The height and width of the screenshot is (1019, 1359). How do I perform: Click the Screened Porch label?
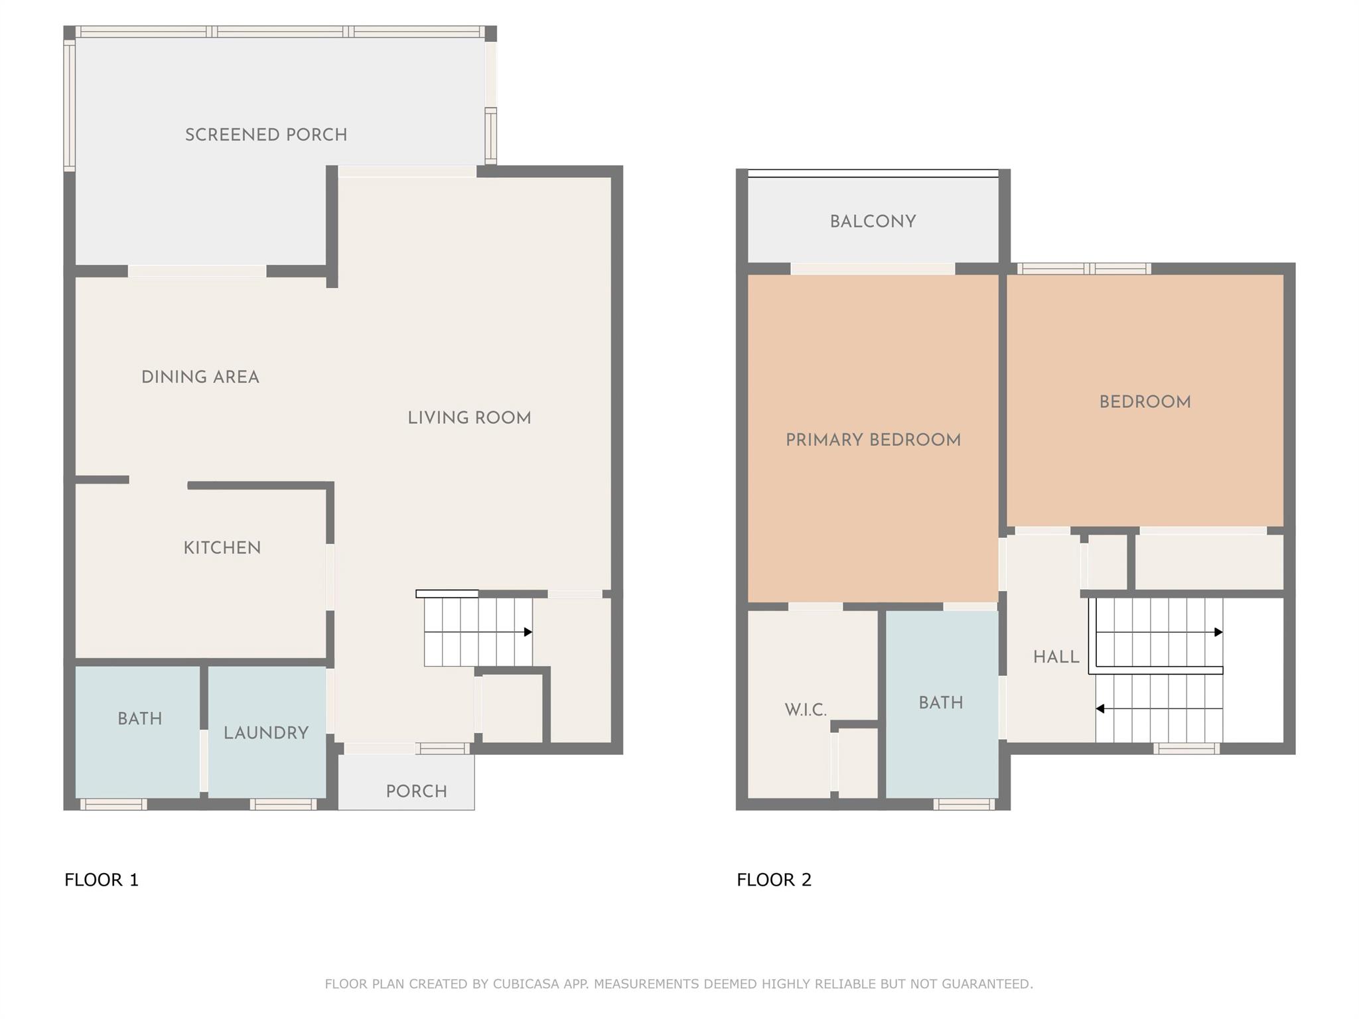pyautogui.click(x=266, y=135)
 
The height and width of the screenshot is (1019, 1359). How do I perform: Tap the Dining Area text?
pyautogui.click(x=200, y=377)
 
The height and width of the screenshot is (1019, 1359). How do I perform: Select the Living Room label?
pyautogui.click(x=469, y=418)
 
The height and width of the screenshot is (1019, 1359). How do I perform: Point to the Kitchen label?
pyautogui.click(x=222, y=548)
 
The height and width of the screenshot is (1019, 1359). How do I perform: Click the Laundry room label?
pyautogui.click(x=266, y=733)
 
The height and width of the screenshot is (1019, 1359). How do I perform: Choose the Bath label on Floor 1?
pyautogui.click(x=140, y=718)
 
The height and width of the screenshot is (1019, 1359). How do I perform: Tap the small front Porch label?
pyautogui.click(x=417, y=791)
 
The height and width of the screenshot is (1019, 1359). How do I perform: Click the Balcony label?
pyautogui.click(x=873, y=222)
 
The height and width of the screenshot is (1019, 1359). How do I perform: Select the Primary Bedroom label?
pyautogui.click(x=873, y=440)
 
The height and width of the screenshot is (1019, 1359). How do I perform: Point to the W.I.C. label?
pyautogui.click(x=806, y=710)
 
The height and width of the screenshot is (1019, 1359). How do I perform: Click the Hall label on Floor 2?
pyautogui.click(x=1056, y=657)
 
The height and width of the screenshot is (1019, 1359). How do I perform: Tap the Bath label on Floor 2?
pyautogui.click(x=941, y=703)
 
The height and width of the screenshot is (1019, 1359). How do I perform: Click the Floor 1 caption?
pyautogui.click(x=102, y=880)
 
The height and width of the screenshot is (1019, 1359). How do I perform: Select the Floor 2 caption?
pyautogui.click(x=774, y=880)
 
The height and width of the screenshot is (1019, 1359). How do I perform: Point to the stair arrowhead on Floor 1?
pyautogui.click(x=528, y=632)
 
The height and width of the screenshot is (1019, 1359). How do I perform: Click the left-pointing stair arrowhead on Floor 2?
pyautogui.click(x=1100, y=709)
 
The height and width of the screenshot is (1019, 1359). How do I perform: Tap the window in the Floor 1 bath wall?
pyautogui.click(x=113, y=805)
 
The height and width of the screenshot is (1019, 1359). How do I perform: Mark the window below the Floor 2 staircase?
pyautogui.click(x=1186, y=749)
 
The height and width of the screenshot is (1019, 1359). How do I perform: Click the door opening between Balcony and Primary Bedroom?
pyautogui.click(x=873, y=269)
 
